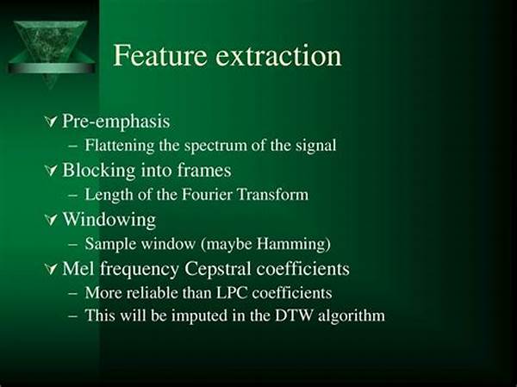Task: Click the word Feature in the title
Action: (x=160, y=55)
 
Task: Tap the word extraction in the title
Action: (x=278, y=56)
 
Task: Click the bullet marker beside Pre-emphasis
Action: (x=51, y=122)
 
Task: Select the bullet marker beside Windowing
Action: (x=51, y=220)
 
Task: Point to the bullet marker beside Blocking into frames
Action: (x=51, y=171)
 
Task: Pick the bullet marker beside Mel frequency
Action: (x=51, y=269)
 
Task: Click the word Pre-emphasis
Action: (x=116, y=122)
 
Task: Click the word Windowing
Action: (x=109, y=220)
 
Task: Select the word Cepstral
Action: (x=218, y=269)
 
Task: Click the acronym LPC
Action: (x=232, y=293)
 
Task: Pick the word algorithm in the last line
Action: (x=352, y=316)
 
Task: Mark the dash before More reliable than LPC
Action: (x=73, y=293)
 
